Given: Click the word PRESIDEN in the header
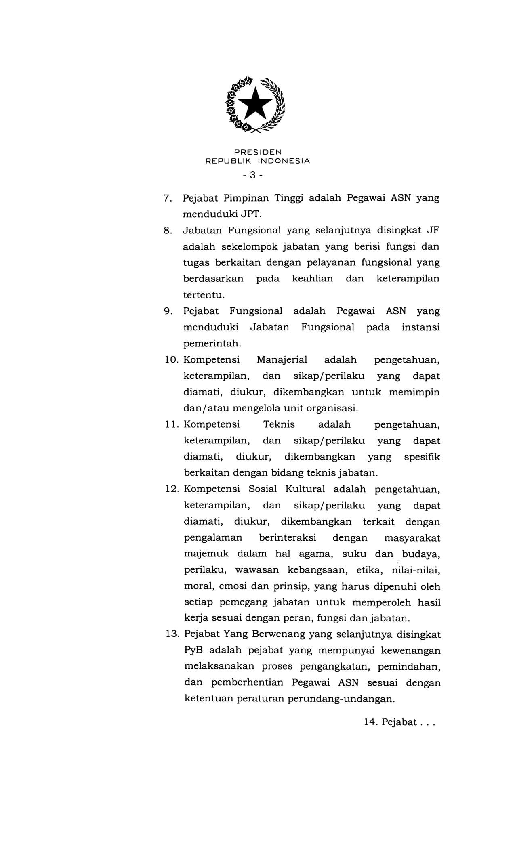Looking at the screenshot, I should pos(258,152).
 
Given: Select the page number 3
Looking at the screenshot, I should pos(253,175).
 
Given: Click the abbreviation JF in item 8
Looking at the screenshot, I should pos(433,231).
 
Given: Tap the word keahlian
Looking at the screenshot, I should pos(313,279).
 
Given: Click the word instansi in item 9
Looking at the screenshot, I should pos(420,327).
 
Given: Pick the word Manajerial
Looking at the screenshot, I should pos(282,359).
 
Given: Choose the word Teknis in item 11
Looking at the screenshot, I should pos(279,424).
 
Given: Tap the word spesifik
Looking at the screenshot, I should pos(422,457).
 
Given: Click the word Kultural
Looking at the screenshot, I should pos(305,489).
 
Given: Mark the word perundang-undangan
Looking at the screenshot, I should pos(341,699).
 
